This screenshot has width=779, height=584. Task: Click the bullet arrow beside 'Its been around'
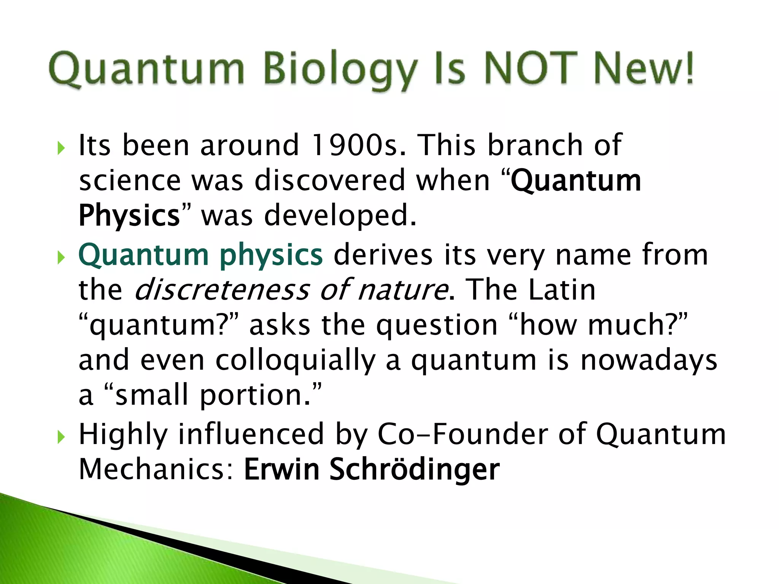point(61,148)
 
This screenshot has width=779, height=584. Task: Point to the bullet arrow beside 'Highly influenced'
point(61,437)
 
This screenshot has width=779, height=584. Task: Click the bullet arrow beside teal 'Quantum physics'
point(61,258)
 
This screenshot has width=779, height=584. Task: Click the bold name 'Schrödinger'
point(414,470)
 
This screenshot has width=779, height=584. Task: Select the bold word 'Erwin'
point(281,470)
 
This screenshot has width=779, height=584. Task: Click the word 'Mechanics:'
point(156,470)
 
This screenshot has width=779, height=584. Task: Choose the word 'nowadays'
point(649,360)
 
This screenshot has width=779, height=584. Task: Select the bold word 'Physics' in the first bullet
point(129,216)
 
